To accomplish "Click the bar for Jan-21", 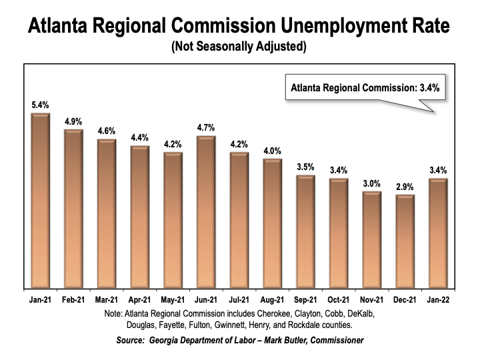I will [41, 200].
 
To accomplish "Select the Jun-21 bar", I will [206, 212].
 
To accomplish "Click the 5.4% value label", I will [41, 104].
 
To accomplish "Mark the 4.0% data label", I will [273, 150].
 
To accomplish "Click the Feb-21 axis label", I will [73, 299].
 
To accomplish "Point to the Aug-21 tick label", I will [273, 299].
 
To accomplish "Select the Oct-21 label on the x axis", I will [339, 299].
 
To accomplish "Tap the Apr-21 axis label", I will [140, 299].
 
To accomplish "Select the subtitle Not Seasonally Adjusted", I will [239, 47].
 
